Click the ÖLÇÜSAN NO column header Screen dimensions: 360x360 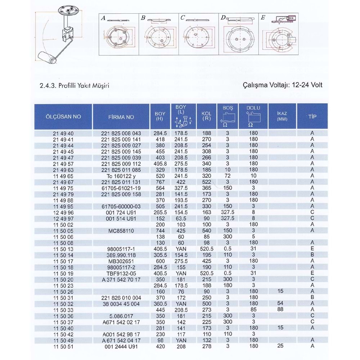coord(63,117)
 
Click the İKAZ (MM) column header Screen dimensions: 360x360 coord(282,116)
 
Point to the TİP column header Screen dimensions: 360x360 coord(312,117)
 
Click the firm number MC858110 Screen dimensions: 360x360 coord(121,230)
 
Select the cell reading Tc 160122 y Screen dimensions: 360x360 coord(121,176)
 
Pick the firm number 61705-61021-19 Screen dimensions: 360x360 coord(121,188)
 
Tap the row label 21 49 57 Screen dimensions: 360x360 coord(63,163)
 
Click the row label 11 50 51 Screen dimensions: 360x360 coord(63,346)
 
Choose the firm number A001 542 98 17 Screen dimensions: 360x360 coord(121,334)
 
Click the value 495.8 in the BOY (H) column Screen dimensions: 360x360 coord(160,163)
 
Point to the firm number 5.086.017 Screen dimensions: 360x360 coord(121,316)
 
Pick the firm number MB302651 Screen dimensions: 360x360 coord(121,261)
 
